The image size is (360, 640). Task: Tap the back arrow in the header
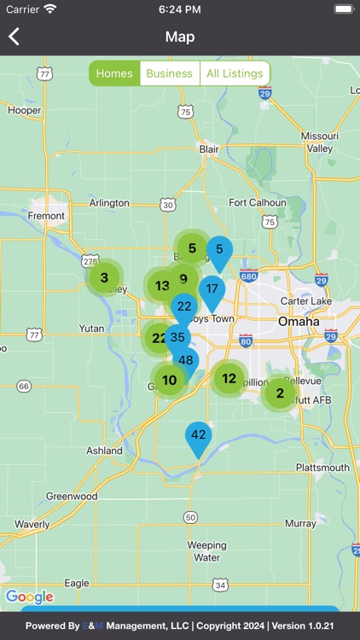(x=14, y=37)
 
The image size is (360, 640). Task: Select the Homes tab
(x=114, y=73)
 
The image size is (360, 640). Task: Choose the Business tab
(x=170, y=73)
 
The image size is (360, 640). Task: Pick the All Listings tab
(x=235, y=73)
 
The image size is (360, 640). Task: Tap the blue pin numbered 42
(x=199, y=435)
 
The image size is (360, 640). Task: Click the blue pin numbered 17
(x=212, y=289)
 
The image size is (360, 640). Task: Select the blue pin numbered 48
(x=186, y=361)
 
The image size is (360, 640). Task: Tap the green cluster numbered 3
(x=104, y=277)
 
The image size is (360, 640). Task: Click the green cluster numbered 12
(x=229, y=378)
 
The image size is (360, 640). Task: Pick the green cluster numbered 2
(x=280, y=393)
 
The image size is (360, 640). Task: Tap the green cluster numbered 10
(x=170, y=381)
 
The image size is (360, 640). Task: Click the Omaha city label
(x=298, y=322)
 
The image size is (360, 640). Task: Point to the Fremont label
(x=46, y=216)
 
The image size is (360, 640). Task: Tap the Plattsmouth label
(x=322, y=468)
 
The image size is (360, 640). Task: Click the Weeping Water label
(x=206, y=551)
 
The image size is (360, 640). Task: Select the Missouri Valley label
(x=320, y=142)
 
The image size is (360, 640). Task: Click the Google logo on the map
(x=29, y=596)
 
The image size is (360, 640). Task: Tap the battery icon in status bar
(x=342, y=9)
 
